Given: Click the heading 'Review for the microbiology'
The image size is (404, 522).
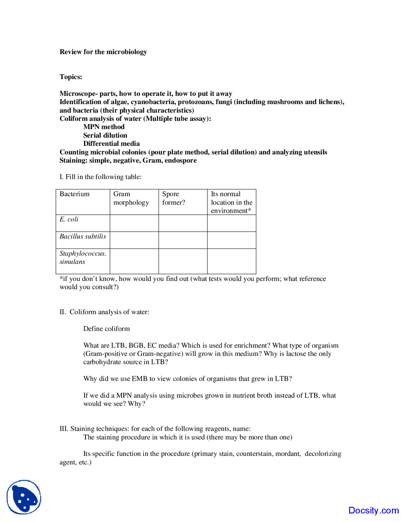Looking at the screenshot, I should click(x=103, y=52).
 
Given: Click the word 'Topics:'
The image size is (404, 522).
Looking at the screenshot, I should click(x=71, y=77).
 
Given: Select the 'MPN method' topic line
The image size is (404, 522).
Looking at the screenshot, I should click(x=104, y=127).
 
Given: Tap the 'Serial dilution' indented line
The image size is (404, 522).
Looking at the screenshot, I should click(x=105, y=135).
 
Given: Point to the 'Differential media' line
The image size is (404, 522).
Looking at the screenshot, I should click(x=111, y=143).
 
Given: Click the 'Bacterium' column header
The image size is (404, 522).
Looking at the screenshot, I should click(x=74, y=194).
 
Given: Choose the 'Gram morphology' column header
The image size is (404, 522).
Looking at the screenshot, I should click(x=131, y=198).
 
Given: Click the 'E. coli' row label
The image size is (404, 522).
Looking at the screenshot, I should click(x=69, y=219).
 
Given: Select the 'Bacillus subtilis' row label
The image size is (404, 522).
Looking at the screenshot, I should click(x=83, y=236).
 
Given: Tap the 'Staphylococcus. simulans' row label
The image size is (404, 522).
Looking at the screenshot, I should click(x=83, y=257).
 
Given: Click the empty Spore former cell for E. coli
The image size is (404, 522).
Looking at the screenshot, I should click(x=183, y=223).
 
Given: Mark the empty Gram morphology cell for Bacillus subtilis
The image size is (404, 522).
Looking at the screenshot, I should click(x=134, y=240).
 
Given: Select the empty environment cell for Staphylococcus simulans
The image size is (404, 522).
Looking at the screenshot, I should click(x=231, y=261).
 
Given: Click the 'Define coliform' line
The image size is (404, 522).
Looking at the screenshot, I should click(x=106, y=328).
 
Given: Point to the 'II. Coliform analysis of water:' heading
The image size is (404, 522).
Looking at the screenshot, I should click(x=104, y=312).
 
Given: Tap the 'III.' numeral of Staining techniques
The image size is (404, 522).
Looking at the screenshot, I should click(x=64, y=429).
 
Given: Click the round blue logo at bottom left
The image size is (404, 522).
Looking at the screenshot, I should click(x=24, y=497).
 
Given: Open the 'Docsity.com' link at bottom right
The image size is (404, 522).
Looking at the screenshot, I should click(x=373, y=510).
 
